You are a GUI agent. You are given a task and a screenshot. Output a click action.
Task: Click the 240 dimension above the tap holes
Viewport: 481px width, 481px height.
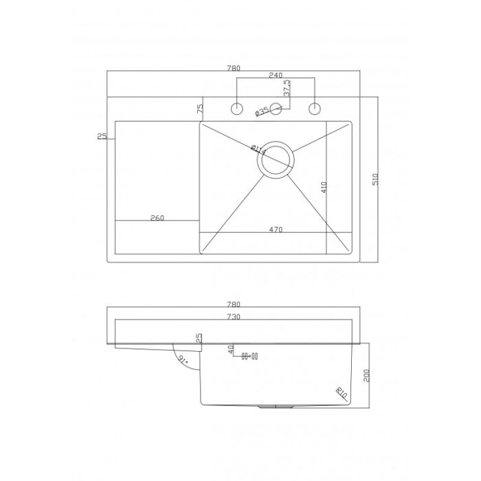(x=276, y=75)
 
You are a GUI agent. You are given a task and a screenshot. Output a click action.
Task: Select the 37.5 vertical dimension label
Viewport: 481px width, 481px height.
(x=287, y=89)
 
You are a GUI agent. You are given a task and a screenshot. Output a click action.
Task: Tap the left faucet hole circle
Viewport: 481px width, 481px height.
(x=236, y=109)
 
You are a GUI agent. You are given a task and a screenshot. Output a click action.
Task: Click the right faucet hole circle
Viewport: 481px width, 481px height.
(x=315, y=109)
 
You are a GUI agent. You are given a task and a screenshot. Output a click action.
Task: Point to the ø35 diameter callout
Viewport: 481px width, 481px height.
(x=262, y=111)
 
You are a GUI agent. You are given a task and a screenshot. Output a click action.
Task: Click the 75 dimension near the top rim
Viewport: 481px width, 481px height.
(x=200, y=109)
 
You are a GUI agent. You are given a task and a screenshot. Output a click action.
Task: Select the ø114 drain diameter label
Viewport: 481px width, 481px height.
(x=258, y=149)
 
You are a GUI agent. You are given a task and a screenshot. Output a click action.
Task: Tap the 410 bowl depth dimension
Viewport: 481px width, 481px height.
(x=324, y=188)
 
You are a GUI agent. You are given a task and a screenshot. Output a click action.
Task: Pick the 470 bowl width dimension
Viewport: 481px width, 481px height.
(x=276, y=230)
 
